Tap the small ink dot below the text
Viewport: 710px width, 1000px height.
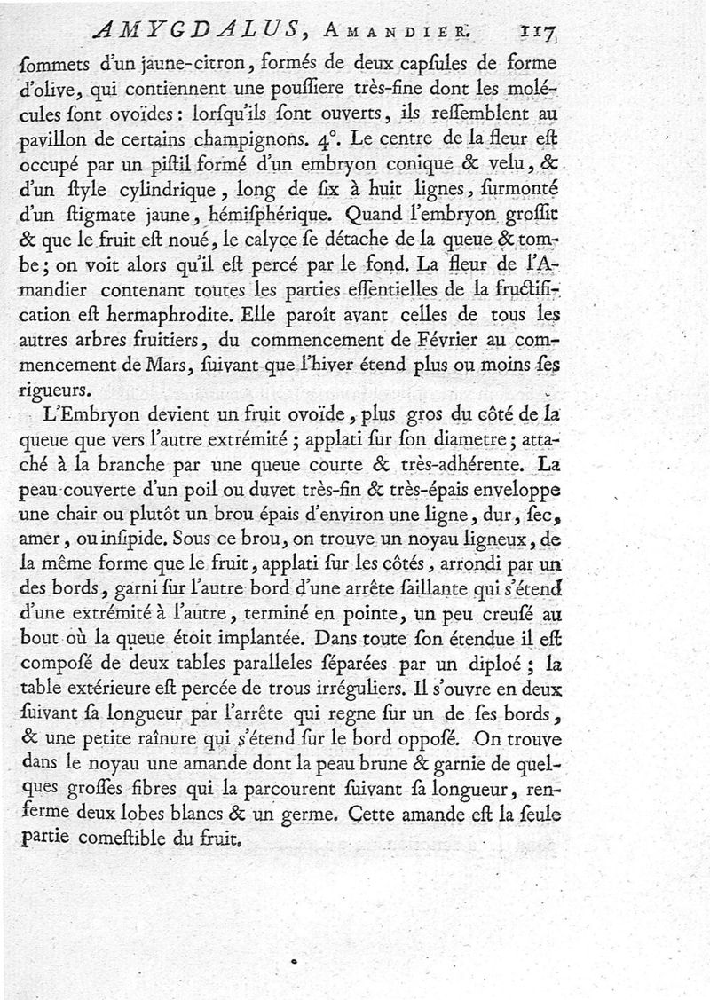point(294,961)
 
